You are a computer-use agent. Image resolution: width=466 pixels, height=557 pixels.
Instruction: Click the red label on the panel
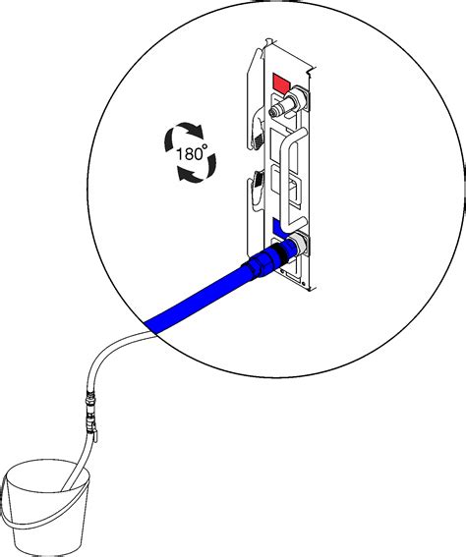pos(281,84)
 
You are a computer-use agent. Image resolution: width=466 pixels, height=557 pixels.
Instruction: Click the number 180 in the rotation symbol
pos(188,154)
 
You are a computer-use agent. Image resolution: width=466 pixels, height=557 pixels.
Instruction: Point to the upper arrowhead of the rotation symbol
pos(197,132)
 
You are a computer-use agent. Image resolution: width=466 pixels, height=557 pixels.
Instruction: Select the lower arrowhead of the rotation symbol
pos(185,175)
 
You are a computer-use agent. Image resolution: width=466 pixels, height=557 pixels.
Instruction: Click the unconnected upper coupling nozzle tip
pos(273,112)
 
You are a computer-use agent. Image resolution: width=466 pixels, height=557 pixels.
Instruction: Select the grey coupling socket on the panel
pos(299,243)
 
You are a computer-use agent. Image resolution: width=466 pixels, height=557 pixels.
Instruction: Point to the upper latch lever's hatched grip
pos(258,140)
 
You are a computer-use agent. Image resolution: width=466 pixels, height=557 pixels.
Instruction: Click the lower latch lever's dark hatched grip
pos(259,179)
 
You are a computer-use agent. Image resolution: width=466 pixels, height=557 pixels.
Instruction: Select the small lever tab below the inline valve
pos(95,437)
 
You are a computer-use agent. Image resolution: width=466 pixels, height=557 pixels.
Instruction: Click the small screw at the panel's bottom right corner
pos(304,284)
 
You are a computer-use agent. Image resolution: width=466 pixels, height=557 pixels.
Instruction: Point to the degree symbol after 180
pos(204,146)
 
